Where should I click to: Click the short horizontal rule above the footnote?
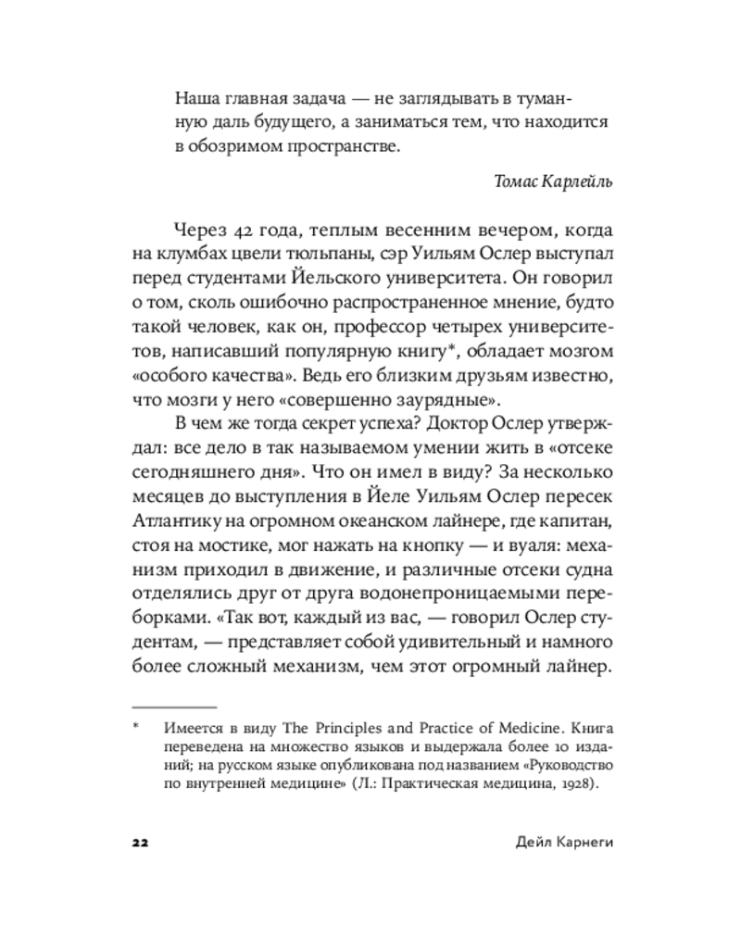[174, 707]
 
